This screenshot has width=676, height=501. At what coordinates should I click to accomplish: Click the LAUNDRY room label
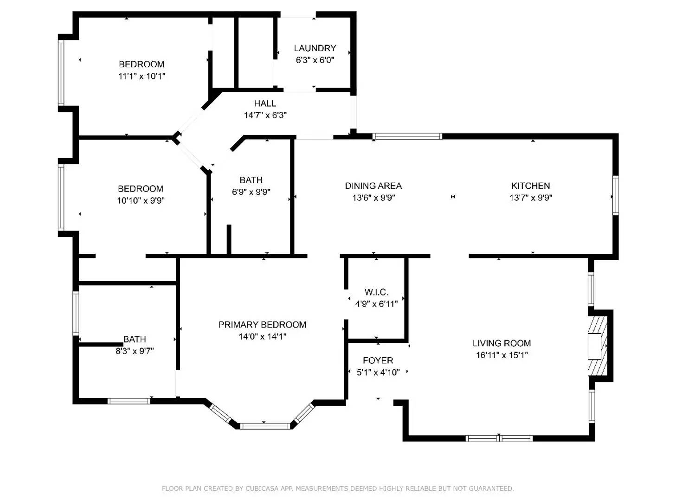tap(315, 48)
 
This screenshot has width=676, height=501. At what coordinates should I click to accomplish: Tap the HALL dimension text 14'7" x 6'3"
tap(265, 115)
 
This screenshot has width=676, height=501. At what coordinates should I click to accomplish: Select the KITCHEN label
tap(530, 186)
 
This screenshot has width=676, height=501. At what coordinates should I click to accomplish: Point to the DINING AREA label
tap(373, 186)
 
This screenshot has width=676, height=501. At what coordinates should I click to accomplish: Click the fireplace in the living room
tap(598, 346)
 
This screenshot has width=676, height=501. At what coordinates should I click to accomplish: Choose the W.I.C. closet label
tap(376, 292)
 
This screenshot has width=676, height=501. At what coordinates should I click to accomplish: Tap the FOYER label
tap(378, 360)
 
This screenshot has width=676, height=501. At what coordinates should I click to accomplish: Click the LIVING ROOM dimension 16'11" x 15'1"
tap(502, 355)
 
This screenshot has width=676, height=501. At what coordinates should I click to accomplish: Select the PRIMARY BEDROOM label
tap(262, 325)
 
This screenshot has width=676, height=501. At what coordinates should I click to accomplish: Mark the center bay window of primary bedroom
tap(265, 425)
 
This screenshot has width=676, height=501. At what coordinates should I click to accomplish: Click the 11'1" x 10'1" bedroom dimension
tap(142, 76)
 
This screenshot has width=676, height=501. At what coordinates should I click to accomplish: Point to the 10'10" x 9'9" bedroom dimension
tap(141, 200)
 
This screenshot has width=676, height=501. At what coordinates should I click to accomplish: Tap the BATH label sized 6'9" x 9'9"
tap(251, 180)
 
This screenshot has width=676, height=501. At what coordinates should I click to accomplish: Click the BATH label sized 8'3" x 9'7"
tap(135, 339)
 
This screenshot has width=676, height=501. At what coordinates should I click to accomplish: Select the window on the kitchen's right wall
tap(615, 195)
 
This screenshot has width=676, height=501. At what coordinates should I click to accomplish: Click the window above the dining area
tap(408, 136)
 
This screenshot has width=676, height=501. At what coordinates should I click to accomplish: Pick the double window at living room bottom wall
tap(499, 438)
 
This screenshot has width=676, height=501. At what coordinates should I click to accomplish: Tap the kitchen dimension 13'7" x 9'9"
tap(530, 198)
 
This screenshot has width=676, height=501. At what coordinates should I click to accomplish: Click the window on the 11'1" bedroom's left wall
tap(61, 72)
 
